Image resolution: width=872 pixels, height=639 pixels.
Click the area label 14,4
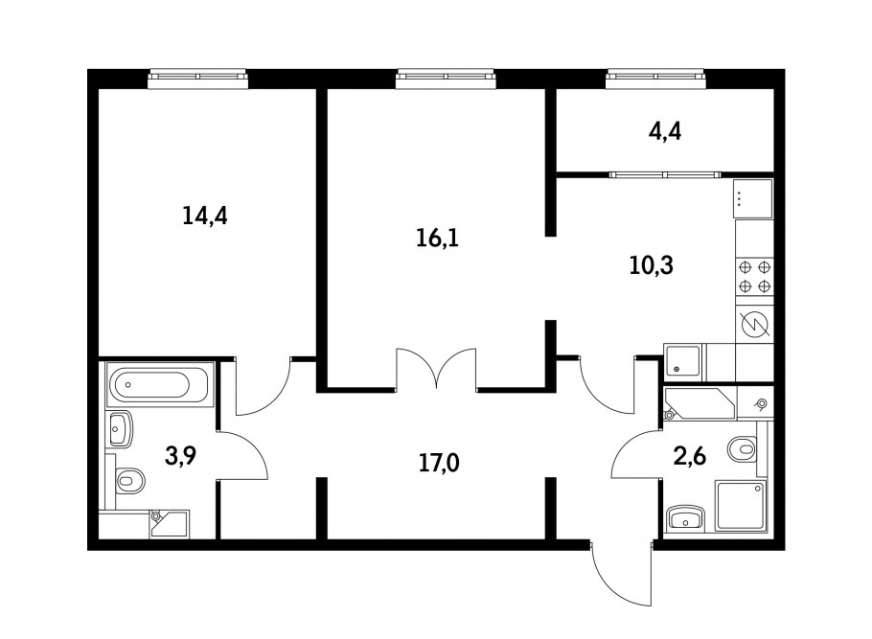[x=204, y=216]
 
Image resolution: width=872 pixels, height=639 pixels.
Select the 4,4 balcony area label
[x=665, y=131]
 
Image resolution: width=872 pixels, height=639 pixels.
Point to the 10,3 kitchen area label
[x=652, y=265]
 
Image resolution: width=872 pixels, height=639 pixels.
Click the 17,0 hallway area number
[x=439, y=465]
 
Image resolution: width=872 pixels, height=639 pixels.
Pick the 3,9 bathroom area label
[x=179, y=456]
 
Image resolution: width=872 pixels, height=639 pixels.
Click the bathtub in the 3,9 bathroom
[x=158, y=386]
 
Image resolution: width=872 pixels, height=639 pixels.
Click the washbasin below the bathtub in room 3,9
[x=121, y=429]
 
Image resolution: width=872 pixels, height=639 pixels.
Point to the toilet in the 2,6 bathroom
[x=743, y=447]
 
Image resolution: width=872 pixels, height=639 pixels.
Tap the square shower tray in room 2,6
[x=741, y=505]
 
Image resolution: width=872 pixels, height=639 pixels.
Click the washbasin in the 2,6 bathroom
[x=685, y=518]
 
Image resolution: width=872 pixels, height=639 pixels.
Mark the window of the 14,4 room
[x=198, y=78]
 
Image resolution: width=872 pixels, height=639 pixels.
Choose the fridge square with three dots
[x=753, y=198]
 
